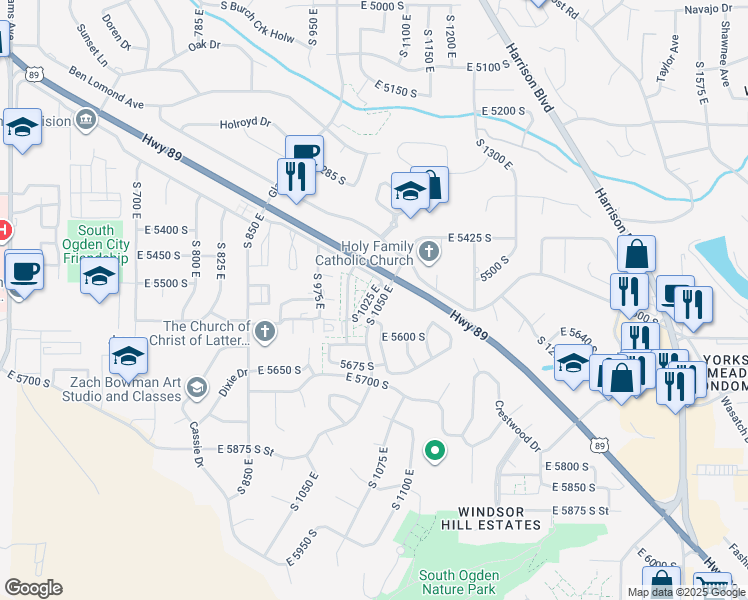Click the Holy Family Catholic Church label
point(377,253)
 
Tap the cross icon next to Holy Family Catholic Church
point(429,251)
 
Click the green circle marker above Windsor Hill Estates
point(434,452)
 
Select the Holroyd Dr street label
point(245,125)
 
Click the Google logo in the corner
point(33,588)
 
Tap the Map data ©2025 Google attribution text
point(686,592)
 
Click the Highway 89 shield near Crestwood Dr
point(599,443)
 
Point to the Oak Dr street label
point(203,44)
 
